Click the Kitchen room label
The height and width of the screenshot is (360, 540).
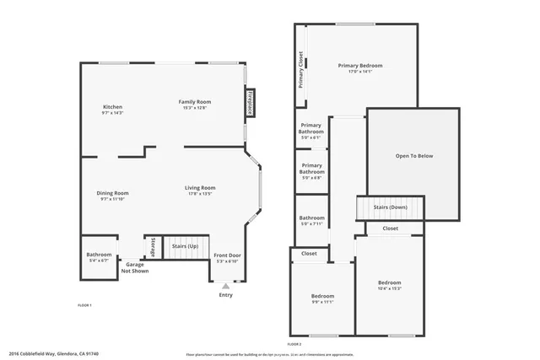pos(113,107)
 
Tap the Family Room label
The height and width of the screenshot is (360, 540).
pos(193,102)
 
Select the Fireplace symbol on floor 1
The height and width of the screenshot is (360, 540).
pos(250,103)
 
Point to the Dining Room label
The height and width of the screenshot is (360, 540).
pos(112,193)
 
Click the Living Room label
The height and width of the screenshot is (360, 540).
pos(201,188)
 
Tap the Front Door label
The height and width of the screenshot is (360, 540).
pos(227,255)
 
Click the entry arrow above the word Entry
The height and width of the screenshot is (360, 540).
pos(225,286)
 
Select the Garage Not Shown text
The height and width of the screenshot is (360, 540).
pos(135,268)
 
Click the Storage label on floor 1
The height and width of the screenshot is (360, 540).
pos(153,247)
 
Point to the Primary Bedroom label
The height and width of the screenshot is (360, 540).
pos(360,66)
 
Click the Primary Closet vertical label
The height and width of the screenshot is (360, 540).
pos(300,70)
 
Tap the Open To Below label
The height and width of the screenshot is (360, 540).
pos(413,156)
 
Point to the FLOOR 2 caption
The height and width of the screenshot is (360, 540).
pos(294,345)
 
